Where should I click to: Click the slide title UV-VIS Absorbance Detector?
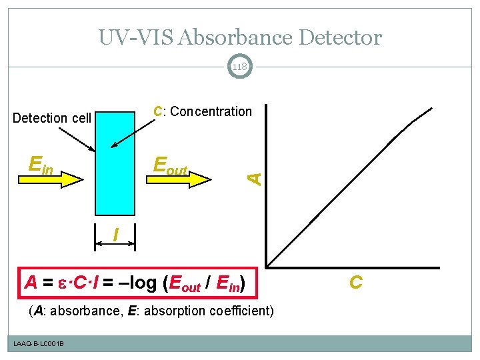pos(240,37)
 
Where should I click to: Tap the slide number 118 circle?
pos(240,67)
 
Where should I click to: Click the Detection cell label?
pos(52,118)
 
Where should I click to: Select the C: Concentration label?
pos(203,112)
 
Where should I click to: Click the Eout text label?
pos(171,165)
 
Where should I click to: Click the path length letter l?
pos(116,235)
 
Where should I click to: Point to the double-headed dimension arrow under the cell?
pos(115,245)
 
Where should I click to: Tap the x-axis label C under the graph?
pos(356,283)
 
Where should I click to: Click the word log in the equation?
pos(142,283)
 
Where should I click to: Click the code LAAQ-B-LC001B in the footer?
pos(38,343)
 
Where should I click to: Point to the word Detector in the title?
pos(341,37)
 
